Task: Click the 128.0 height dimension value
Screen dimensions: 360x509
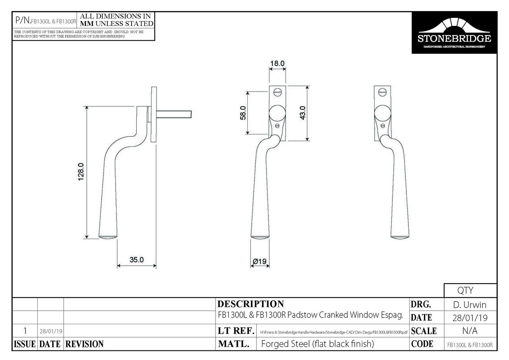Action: click(x=80, y=172)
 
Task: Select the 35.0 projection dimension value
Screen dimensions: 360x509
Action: click(x=136, y=260)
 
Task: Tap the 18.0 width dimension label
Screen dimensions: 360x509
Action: click(x=277, y=63)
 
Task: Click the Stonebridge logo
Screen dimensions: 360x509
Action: click(x=454, y=33)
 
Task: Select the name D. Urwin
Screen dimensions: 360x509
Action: click(x=470, y=305)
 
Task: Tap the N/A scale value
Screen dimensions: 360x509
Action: click(x=470, y=331)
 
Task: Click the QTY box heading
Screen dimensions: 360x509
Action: click(x=470, y=291)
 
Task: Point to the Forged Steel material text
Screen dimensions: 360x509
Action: click(x=317, y=344)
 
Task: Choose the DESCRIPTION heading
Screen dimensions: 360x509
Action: click(x=251, y=304)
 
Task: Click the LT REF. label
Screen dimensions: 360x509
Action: click(x=236, y=331)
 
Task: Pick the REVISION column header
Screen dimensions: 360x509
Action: click(x=84, y=344)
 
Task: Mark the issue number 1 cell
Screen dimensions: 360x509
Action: click(x=25, y=331)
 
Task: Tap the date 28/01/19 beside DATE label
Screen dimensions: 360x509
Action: click(x=470, y=318)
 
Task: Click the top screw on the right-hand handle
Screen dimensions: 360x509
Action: click(x=383, y=92)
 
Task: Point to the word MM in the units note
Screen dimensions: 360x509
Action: click(x=87, y=23)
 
